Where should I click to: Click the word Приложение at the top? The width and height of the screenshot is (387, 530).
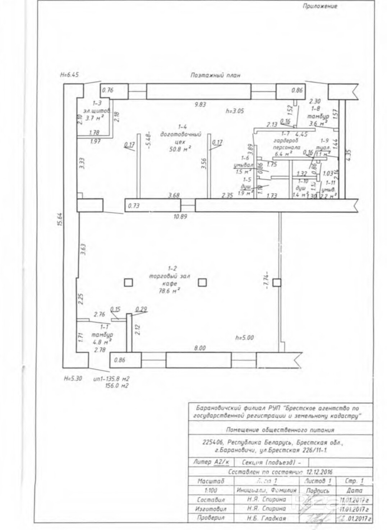tap(320, 6)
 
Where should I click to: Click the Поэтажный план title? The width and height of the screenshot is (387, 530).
tap(215, 75)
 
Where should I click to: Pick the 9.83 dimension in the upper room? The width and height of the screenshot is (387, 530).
tap(201, 104)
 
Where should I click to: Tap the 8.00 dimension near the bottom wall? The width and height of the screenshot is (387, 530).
tap(200, 348)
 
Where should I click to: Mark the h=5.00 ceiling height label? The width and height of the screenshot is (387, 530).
tap(244, 338)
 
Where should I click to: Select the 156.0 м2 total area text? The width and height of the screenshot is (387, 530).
tap(116, 386)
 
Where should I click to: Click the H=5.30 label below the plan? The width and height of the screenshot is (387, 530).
tap(73, 378)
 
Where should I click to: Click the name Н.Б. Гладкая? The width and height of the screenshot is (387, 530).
tap(266, 518)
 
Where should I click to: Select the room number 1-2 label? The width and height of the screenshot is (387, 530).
tap(172, 268)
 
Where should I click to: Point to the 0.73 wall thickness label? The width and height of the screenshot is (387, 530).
tap(134, 206)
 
